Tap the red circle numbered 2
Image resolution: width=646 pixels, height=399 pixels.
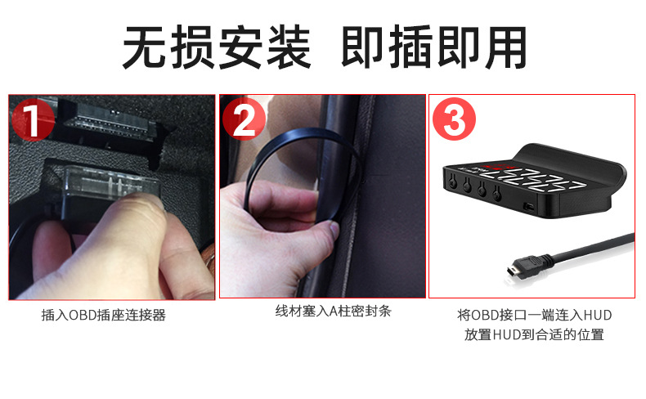point(244,120)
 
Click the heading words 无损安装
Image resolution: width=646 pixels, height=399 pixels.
point(216,47)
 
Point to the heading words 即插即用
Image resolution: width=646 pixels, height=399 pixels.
point(433,47)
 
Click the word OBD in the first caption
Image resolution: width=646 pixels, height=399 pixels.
point(81,315)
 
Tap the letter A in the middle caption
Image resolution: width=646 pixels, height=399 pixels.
point(334,312)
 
